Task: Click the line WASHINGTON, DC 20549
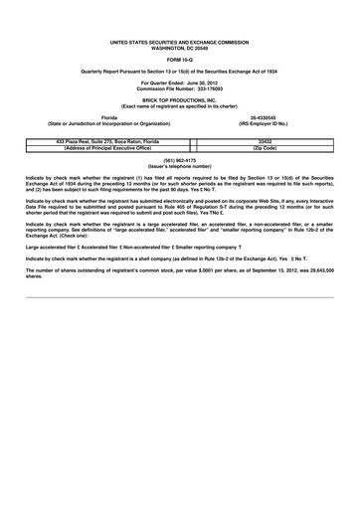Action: pyautogui.click(x=180, y=47)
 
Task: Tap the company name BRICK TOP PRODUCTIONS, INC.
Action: pyautogui.click(x=180, y=100)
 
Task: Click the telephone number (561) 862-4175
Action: pyautogui.click(x=180, y=159)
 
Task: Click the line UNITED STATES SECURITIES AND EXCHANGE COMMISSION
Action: pyautogui.click(x=180, y=42)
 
